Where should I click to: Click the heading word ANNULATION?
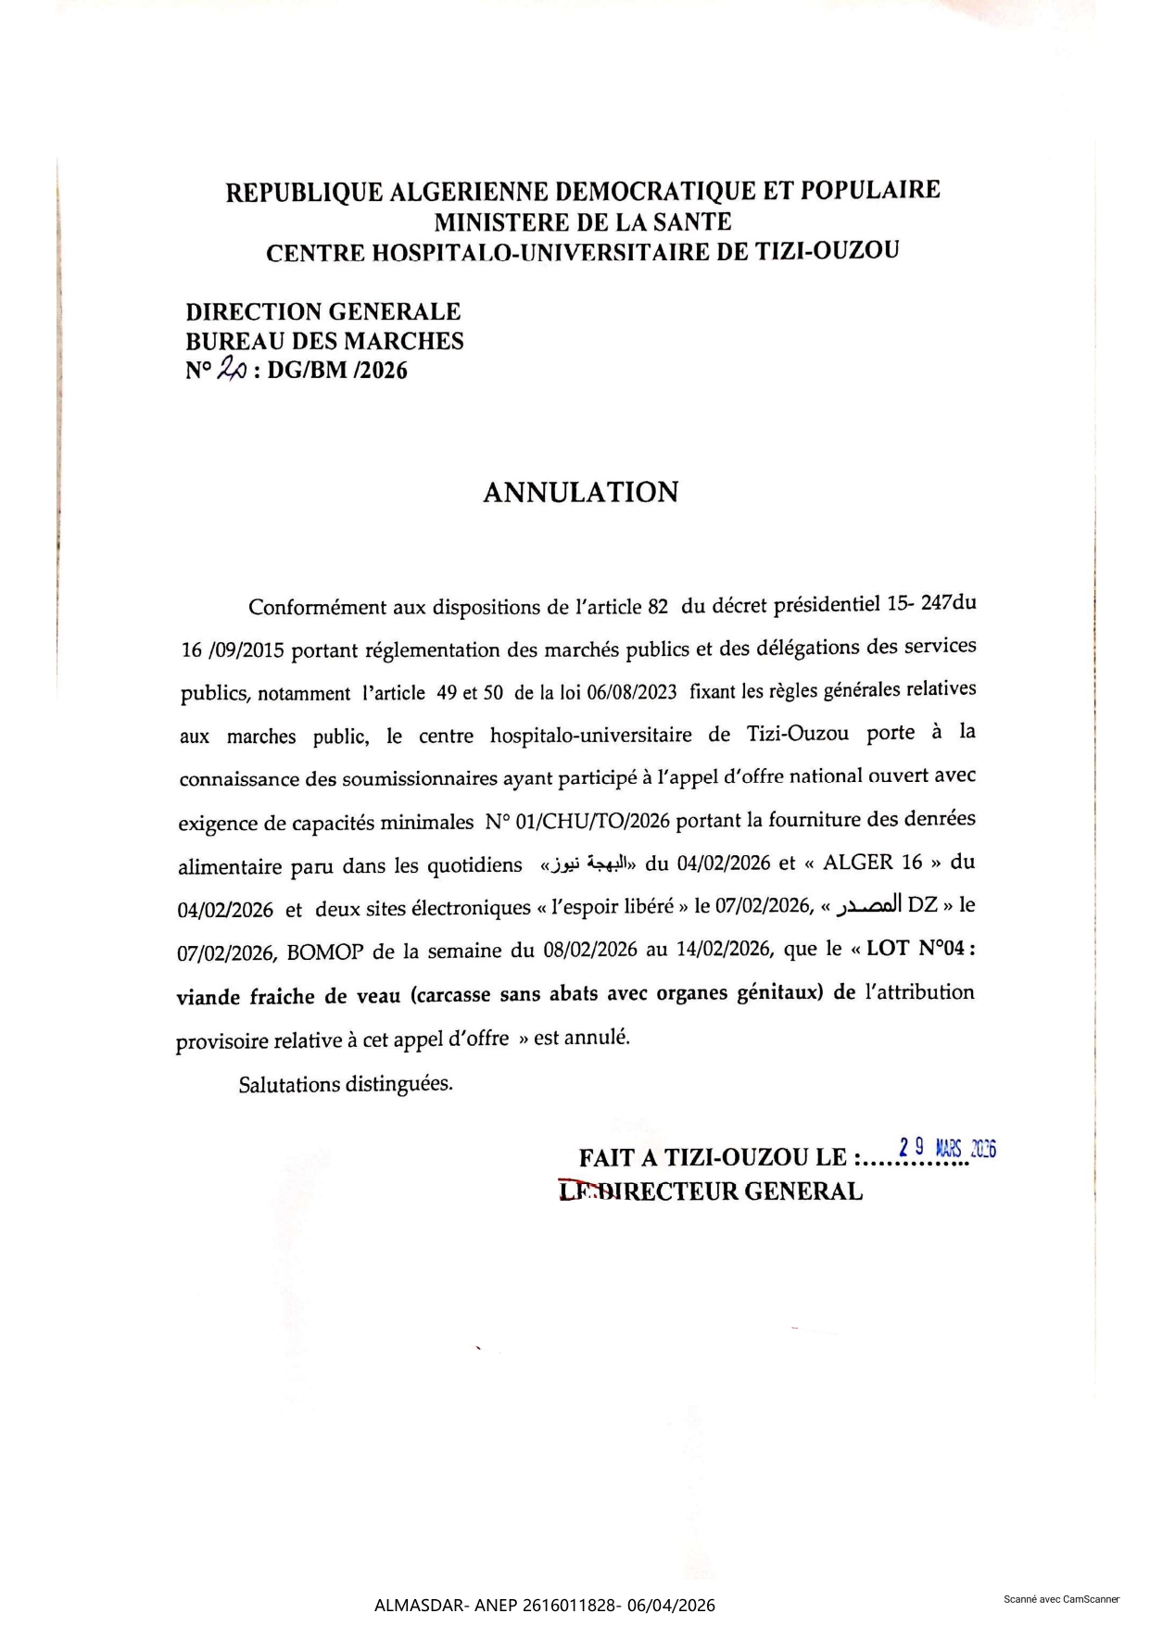point(580,492)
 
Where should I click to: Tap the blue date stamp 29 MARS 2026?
point(947,1149)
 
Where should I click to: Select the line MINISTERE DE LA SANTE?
point(583,222)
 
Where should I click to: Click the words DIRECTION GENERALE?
point(322,311)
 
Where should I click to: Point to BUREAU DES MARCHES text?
point(324,341)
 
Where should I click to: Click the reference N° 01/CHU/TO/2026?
point(576,822)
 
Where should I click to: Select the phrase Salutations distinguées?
point(346,1084)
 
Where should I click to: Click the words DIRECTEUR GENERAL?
point(735,1191)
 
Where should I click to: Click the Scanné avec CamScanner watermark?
point(1061,1599)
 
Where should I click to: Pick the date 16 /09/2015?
point(233,651)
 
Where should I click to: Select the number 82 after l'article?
point(657,607)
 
